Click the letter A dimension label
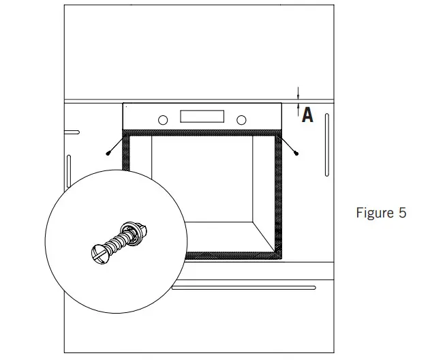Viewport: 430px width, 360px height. point(307,115)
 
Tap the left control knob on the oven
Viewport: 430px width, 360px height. point(162,120)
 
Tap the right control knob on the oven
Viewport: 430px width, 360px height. point(241,120)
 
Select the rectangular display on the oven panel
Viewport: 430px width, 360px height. point(202,116)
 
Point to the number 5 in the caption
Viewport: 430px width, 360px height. point(401,213)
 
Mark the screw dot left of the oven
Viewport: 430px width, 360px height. point(108,155)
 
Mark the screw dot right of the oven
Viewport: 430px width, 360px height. point(296,155)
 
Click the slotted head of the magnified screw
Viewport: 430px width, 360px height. point(99,254)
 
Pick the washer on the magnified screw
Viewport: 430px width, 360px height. point(132,232)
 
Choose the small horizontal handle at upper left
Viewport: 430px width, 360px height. point(71,132)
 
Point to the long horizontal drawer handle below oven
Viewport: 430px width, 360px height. point(243,288)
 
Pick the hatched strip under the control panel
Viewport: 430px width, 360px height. point(202,132)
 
